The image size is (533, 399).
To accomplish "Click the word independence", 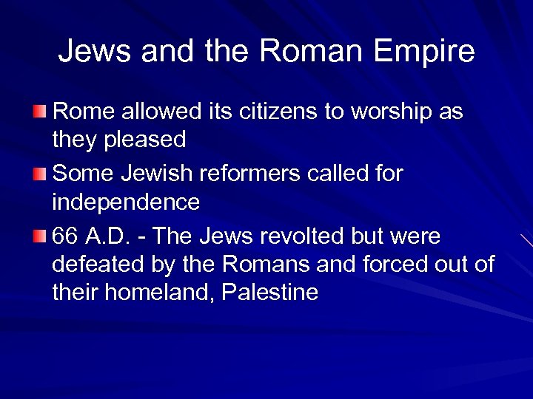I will tap(126, 201).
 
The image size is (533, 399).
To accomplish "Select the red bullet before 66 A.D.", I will tap(40, 236).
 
